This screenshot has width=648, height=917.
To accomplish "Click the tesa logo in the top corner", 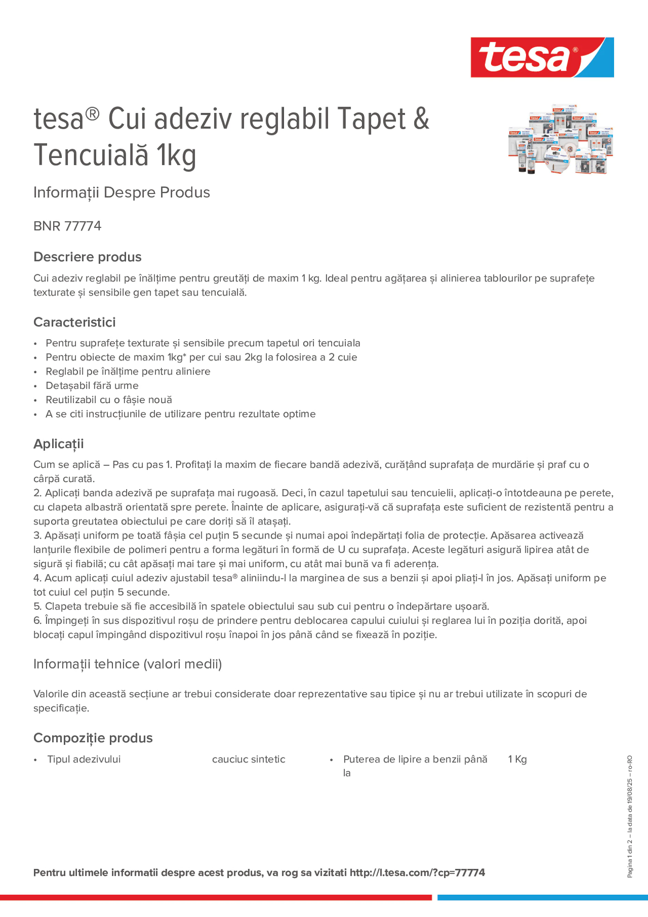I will (542, 57).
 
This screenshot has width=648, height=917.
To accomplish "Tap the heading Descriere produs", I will (87, 257).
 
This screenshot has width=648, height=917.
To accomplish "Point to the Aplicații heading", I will (58, 444).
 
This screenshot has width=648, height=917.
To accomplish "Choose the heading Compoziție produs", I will (93, 738).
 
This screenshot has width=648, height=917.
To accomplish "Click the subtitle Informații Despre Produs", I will (122, 193).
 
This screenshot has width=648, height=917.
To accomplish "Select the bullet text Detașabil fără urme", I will (92, 386).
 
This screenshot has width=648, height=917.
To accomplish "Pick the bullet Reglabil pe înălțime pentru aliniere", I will (128, 371).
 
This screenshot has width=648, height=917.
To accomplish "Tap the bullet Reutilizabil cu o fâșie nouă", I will (109, 400).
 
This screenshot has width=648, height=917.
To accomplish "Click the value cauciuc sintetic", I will (249, 759).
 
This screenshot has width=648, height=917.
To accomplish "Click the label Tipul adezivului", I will (84, 759).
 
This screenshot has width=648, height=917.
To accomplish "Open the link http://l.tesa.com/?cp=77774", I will (417, 873).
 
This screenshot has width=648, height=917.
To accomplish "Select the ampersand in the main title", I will (421, 119).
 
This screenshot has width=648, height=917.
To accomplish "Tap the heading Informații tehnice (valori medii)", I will (127, 664).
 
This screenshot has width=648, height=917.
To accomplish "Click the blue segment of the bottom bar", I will (542, 897).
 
